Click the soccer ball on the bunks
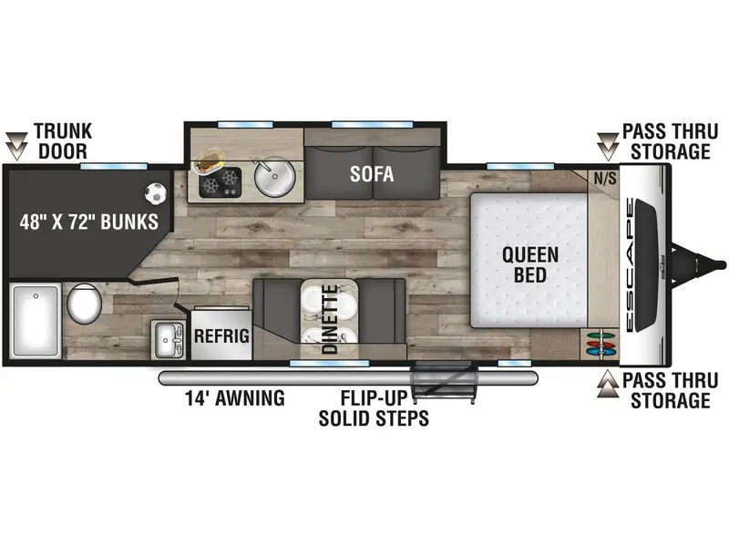155,193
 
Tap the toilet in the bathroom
84,304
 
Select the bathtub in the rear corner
36,322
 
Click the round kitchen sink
275,177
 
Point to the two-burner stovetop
220,181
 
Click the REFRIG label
221,335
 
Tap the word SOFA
372,174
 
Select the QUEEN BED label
530,264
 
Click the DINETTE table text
330,319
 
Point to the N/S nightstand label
605,178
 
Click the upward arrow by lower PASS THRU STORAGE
608,384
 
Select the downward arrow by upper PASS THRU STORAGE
608,146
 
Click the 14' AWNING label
235,398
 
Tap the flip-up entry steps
445,382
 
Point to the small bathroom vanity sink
168,339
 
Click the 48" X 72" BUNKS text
88,222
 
